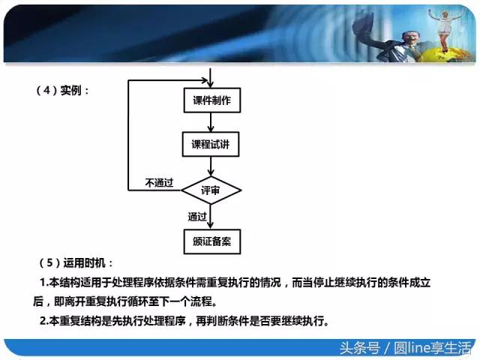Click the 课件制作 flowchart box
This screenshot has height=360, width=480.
pyautogui.click(x=212, y=100)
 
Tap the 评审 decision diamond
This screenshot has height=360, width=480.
pyautogui.click(x=211, y=190)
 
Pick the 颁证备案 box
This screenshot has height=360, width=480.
pyautogui.click(x=212, y=241)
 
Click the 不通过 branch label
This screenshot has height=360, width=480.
pyautogui.click(x=159, y=183)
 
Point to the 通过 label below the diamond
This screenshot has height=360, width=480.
pyautogui.click(x=197, y=217)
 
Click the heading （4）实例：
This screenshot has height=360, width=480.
pyautogui.click(x=63, y=91)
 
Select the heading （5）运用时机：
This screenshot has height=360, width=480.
pyautogui.click(x=75, y=263)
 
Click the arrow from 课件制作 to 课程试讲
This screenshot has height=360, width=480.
pyautogui.click(x=212, y=123)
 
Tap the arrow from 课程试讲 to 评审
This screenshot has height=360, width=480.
pyautogui.click(x=212, y=166)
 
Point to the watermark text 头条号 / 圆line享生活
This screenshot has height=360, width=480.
pyautogui.click(x=405, y=348)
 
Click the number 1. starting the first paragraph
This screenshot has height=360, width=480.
pyautogui.click(x=43, y=283)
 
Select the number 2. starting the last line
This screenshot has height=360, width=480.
pyautogui.click(x=43, y=322)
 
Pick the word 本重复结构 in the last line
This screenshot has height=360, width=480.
pyautogui.click(x=75, y=322)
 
